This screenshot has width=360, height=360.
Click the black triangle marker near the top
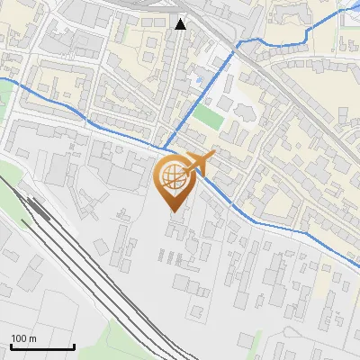181,23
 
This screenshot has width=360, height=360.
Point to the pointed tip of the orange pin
173,211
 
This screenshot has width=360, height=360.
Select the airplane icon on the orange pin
200,163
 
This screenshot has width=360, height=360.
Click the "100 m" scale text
24,338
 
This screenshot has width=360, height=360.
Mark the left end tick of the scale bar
12,346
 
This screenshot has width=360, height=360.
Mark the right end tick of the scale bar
73,346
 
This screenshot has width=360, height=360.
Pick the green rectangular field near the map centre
207,118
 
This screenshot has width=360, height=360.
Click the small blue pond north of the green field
199,81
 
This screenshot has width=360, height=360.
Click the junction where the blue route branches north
165,146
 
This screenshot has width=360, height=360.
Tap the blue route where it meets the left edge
2,80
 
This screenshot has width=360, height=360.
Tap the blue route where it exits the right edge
357,265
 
